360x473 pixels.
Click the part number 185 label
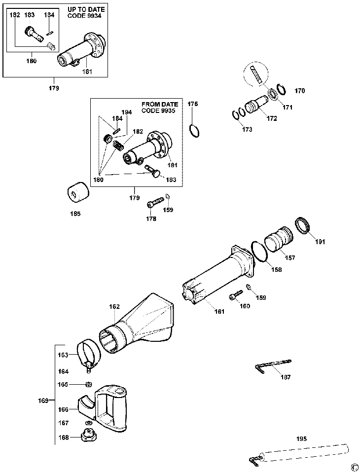tap(75, 214)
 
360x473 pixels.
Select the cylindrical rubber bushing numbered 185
tap(78, 191)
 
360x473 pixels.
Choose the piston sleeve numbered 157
tap(279, 240)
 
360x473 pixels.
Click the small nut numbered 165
tap(89, 384)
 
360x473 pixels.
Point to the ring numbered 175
tap(194, 131)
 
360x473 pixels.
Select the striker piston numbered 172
tap(256, 104)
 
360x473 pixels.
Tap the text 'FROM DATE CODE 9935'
tap(160, 108)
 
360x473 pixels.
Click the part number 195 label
tap(301, 438)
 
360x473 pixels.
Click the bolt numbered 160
tap(236, 295)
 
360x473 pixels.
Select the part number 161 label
tap(219, 311)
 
